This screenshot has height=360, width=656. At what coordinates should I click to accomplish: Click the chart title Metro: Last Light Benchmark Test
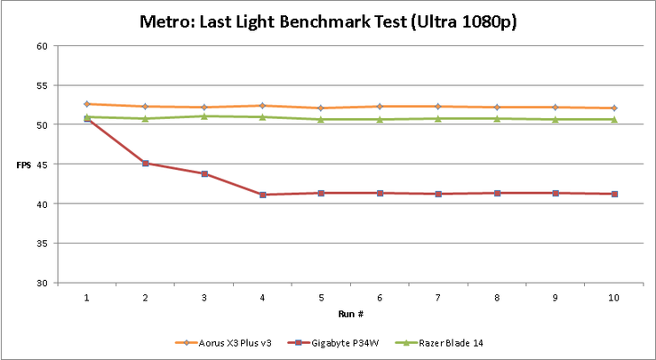[328, 21]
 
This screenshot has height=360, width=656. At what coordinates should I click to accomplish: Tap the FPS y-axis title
[23, 164]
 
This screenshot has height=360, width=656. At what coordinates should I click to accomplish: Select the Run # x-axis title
[348, 314]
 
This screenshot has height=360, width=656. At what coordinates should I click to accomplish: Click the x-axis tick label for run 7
[437, 298]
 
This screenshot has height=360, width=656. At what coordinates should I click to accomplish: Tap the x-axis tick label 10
[612, 298]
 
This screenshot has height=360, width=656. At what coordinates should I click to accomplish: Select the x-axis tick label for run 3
[204, 298]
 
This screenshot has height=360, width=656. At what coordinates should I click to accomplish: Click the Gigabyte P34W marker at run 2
[145, 164]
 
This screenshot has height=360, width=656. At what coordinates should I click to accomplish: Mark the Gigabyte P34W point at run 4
[262, 195]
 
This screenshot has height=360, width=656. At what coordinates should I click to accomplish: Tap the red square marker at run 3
[204, 173]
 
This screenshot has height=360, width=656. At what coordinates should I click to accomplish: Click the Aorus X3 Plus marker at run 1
[86, 104]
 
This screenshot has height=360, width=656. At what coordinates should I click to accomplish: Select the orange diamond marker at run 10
[612, 108]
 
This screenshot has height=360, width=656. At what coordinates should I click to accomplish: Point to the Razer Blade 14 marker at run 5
[320, 119]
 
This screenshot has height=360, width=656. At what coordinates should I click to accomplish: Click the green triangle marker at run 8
[496, 118]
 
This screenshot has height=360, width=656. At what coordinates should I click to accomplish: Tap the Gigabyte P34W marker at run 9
[555, 193]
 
